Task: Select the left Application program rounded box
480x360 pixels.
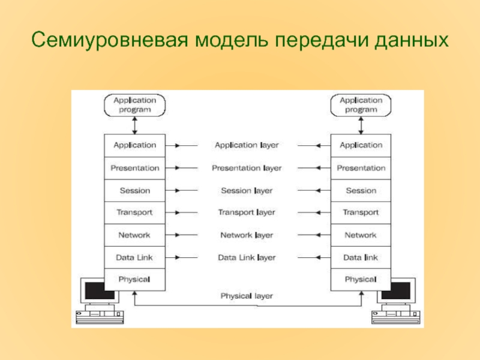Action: [x=134, y=105]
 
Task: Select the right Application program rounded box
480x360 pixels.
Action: [x=361, y=105]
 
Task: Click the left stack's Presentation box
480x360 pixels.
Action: [x=134, y=168]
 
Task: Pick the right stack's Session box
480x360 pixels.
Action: [x=361, y=191]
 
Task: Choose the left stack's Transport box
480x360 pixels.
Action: [x=134, y=212]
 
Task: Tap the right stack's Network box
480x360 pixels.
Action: [x=361, y=235]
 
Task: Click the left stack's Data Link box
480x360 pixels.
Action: [x=134, y=257]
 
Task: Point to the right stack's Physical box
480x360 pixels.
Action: [x=361, y=279]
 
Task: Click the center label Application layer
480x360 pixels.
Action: [x=247, y=145]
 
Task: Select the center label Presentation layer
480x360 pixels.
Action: [x=247, y=168]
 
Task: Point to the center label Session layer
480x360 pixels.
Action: [x=247, y=191]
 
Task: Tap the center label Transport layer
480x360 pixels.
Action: [x=247, y=212]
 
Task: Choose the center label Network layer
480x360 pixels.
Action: [x=247, y=235]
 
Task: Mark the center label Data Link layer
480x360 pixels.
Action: [x=247, y=257]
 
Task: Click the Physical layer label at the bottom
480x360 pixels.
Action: [x=247, y=296]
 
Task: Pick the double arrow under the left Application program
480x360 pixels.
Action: [x=135, y=125]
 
